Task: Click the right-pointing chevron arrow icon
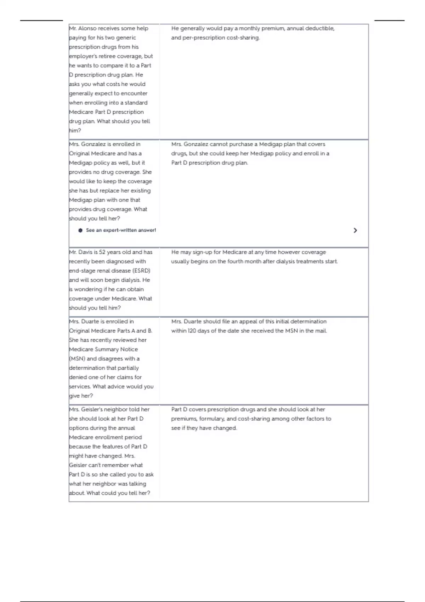[355, 231]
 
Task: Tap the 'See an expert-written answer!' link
[121, 230]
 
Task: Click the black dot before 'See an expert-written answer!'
[80, 230]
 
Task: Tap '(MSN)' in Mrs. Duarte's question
[77, 358]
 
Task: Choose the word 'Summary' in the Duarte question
[110, 349]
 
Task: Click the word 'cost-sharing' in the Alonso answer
[243, 38]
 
